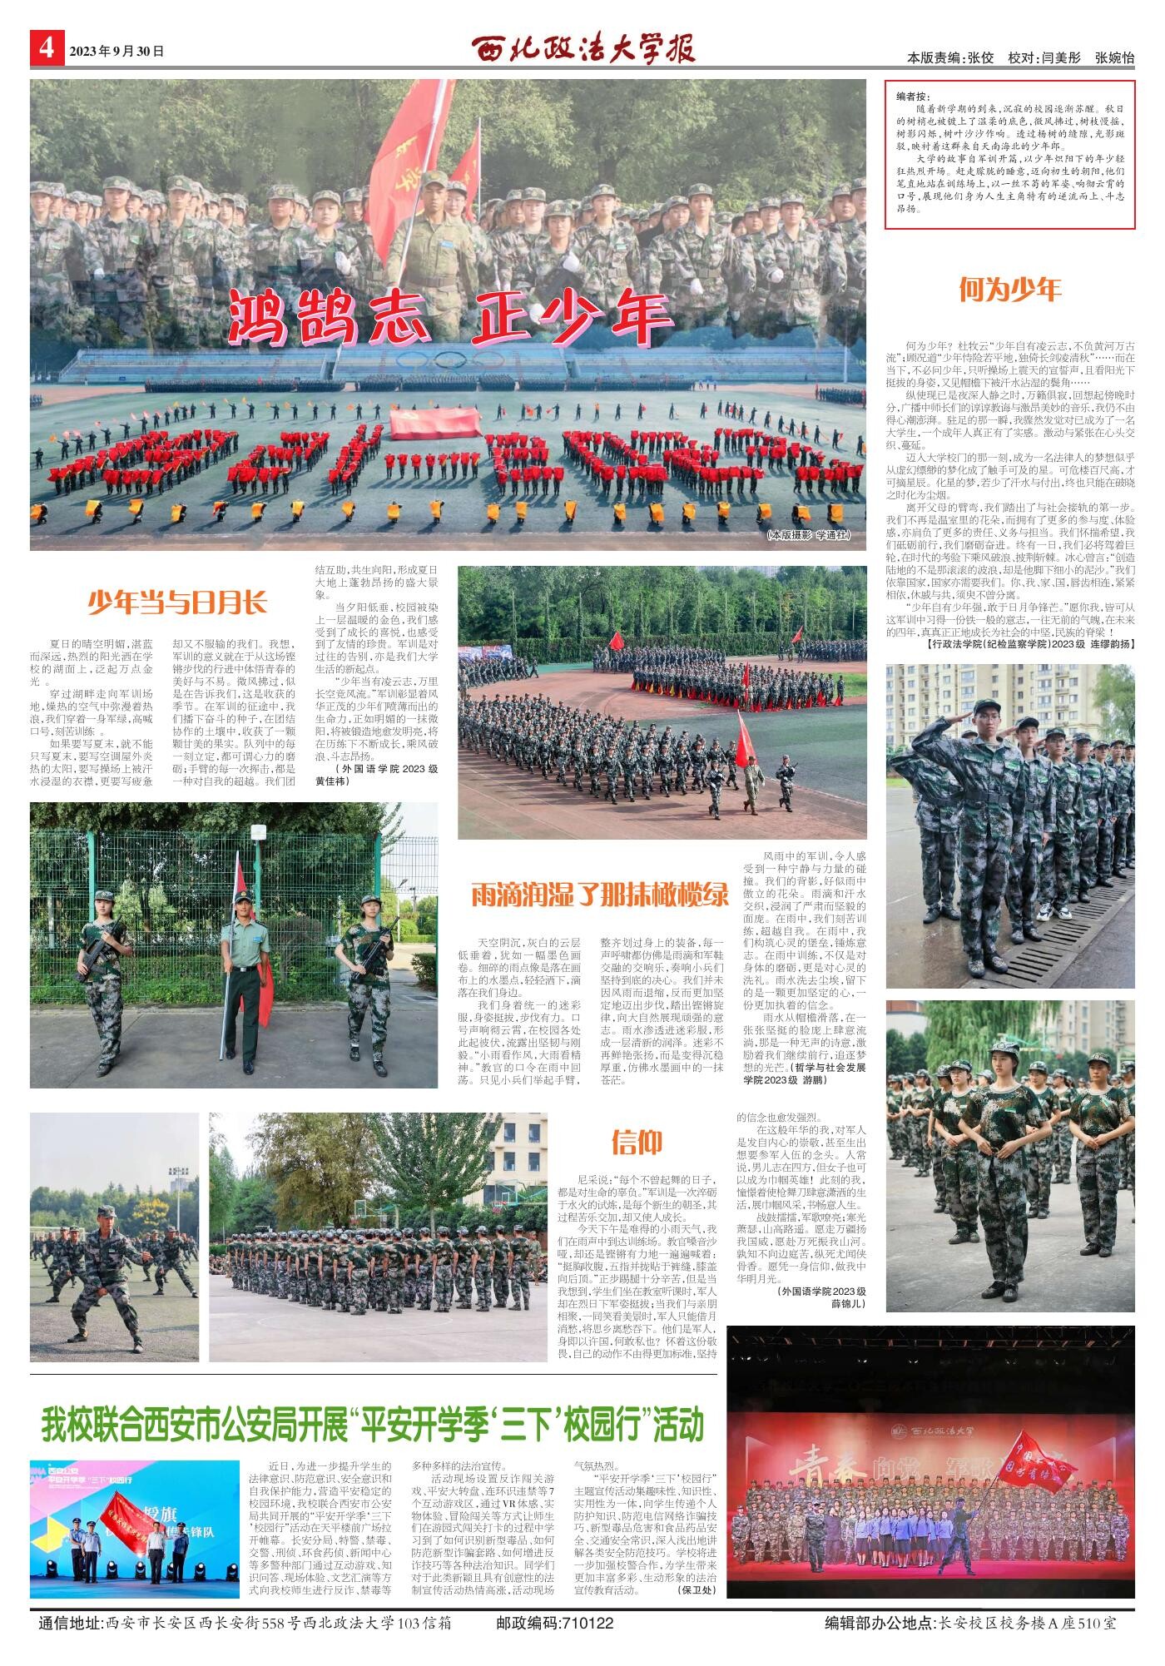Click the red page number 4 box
(46, 47)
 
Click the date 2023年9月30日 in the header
(116, 52)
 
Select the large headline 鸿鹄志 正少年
(449, 317)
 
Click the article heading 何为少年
(1009, 290)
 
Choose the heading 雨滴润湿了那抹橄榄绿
(599, 895)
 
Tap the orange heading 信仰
(637, 1143)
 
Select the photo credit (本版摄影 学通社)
(809, 535)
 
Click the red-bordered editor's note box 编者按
(1009, 154)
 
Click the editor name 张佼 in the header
(980, 58)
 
